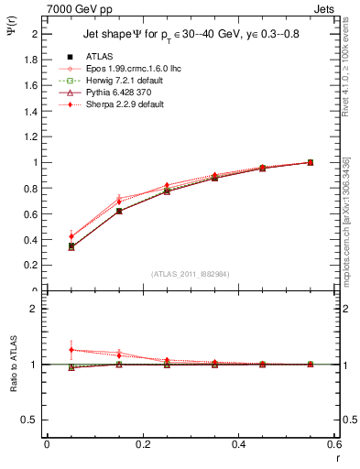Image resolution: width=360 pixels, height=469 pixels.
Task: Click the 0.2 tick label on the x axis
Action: [142, 443]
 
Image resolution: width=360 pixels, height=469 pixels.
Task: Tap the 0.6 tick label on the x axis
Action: [334, 443]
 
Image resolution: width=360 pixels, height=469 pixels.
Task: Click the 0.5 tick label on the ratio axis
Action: [32, 420]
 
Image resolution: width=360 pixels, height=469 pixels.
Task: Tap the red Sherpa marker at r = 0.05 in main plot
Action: [47, 236]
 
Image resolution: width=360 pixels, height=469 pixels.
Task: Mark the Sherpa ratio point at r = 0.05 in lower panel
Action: [47, 350]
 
